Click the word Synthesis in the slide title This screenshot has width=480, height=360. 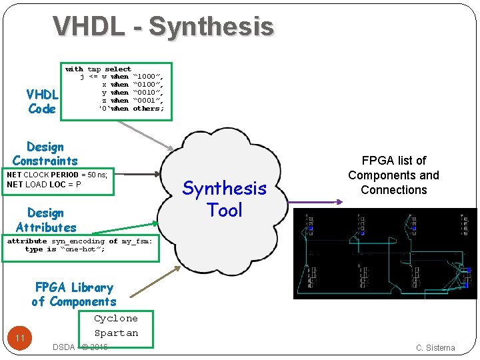(211, 27)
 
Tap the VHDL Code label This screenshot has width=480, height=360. (42, 101)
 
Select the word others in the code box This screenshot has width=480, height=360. (147, 109)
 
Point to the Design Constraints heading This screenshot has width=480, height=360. (45, 153)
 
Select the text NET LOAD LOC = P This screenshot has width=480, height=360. (44, 185)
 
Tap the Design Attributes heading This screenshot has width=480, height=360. (46, 220)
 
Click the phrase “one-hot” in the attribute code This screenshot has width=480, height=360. (82, 249)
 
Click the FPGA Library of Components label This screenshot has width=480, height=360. (74, 294)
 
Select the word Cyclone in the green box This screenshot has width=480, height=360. (116, 319)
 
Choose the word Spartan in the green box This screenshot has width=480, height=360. (116, 333)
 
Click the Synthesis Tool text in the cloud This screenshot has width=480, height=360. (224, 199)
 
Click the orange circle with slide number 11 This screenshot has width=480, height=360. (20, 338)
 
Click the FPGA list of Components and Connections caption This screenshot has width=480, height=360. (393, 175)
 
